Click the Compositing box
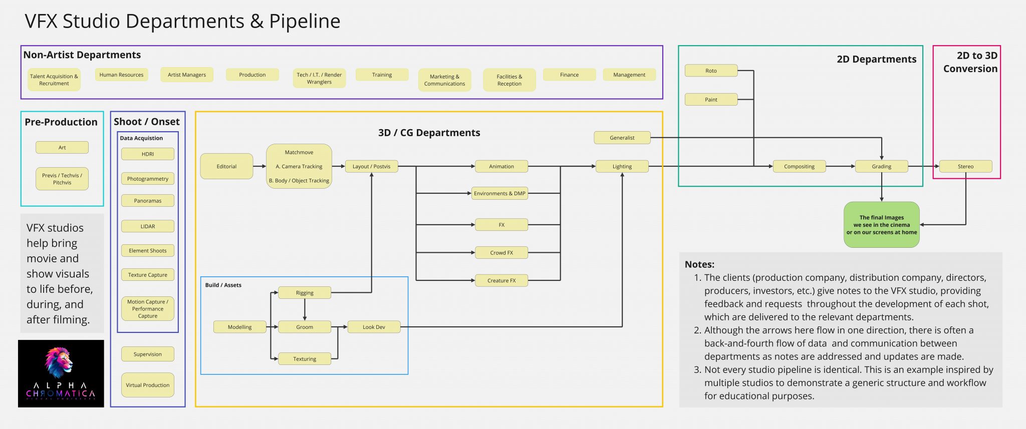pos(799,166)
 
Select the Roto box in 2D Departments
pos(711,71)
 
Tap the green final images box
pos(881,225)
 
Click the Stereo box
pos(965,166)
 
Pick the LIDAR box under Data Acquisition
pos(148,226)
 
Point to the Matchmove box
pos(299,166)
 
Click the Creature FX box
pos(501,280)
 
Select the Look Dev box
pos(374,327)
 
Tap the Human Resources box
pos(121,75)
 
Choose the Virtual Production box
pos(148,385)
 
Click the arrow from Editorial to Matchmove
pos(260,166)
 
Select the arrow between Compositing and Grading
pos(840,166)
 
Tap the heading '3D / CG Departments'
pos(429,133)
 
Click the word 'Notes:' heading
pos(699,264)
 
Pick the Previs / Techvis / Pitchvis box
pos(62,179)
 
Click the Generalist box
pos(622,138)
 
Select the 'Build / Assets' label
pos(223,285)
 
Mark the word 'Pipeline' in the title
pos(305,21)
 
